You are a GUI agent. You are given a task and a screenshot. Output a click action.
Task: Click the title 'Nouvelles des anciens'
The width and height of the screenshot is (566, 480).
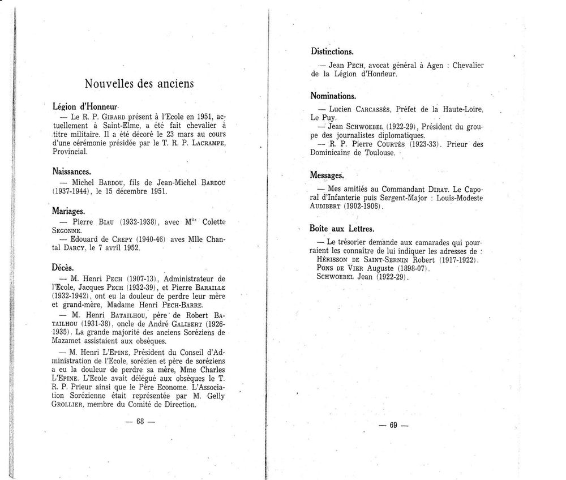[139, 84]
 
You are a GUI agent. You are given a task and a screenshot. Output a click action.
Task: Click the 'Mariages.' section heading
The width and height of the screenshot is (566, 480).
[68, 211]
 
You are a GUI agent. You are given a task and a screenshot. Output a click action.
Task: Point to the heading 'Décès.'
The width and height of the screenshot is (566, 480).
[63, 267]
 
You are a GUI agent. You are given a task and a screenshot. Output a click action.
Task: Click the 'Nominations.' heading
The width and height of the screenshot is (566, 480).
[333, 96]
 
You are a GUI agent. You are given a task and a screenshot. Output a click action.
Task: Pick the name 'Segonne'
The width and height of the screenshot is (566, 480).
[67, 231]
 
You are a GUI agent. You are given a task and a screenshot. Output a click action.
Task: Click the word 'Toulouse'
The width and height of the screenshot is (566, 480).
[395, 153]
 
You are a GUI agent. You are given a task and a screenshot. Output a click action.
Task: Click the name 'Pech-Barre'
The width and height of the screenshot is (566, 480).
[178, 305]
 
